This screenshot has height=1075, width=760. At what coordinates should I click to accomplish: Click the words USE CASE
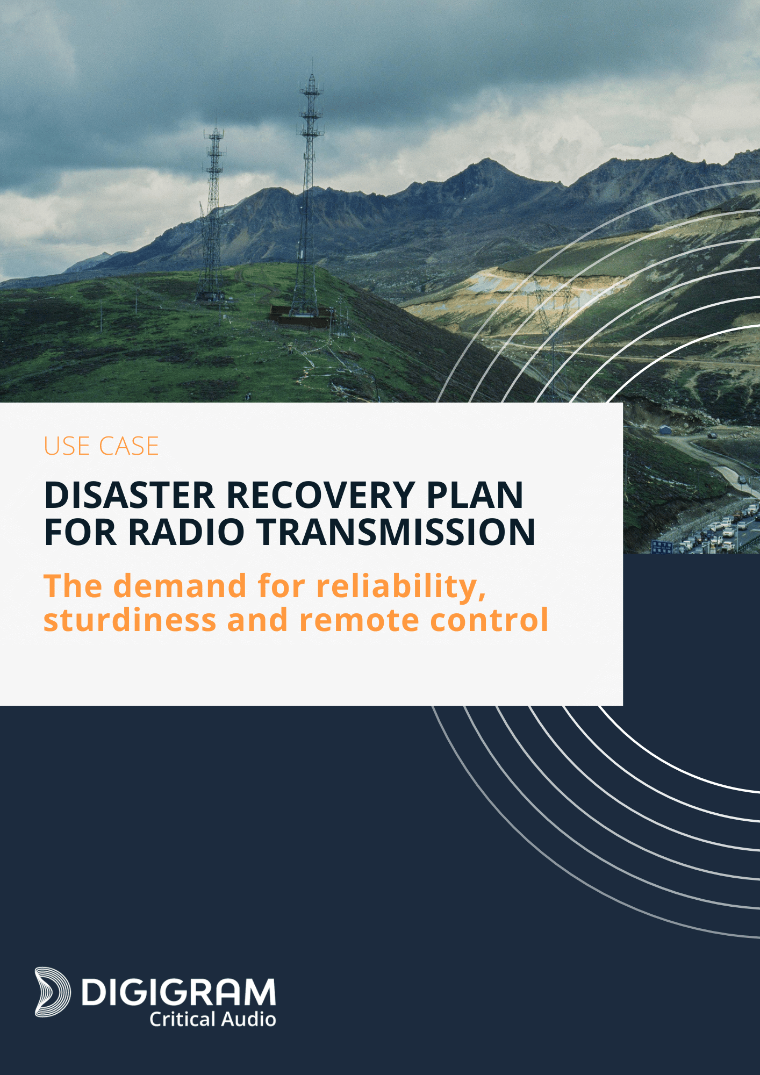click(x=101, y=446)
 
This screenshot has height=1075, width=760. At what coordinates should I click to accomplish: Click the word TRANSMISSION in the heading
click(x=396, y=532)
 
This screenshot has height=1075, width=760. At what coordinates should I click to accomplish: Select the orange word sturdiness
click(x=130, y=620)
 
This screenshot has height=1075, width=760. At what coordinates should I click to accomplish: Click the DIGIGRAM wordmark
click(x=178, y=992)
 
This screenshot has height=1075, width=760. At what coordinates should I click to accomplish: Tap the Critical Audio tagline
click(x=213, y=1019)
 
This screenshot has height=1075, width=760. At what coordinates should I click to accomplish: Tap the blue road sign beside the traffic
click(x=662, y=547)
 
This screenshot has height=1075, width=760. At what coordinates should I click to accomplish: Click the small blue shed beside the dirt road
click(x=665, y=430)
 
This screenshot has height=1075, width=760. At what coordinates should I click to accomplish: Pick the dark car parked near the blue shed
click(x=712, y=435)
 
